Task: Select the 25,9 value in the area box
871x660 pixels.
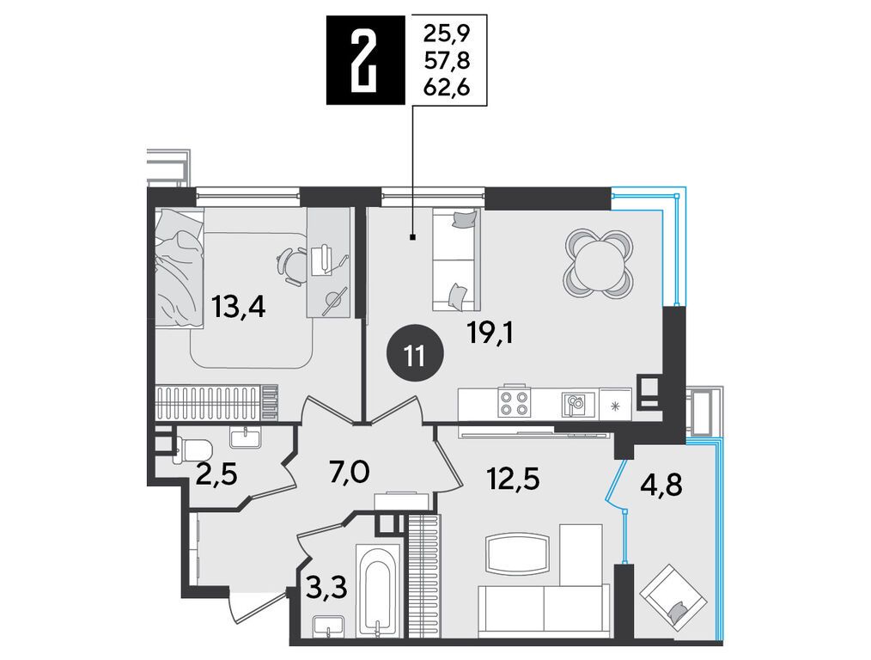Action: click(x=447, y=35)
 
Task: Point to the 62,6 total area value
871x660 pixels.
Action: click(x=447, y=87)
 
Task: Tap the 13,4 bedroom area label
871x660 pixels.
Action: click(x=240, y=306)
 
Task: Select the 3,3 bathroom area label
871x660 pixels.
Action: click(x=328, y=586)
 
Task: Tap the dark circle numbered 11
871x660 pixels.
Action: click(x=415, y=354)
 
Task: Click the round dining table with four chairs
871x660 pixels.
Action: click(x=599, y=262)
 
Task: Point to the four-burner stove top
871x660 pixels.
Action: click(x=514, y=404)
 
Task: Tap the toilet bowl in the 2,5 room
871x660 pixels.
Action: click(x=192, y=446)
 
